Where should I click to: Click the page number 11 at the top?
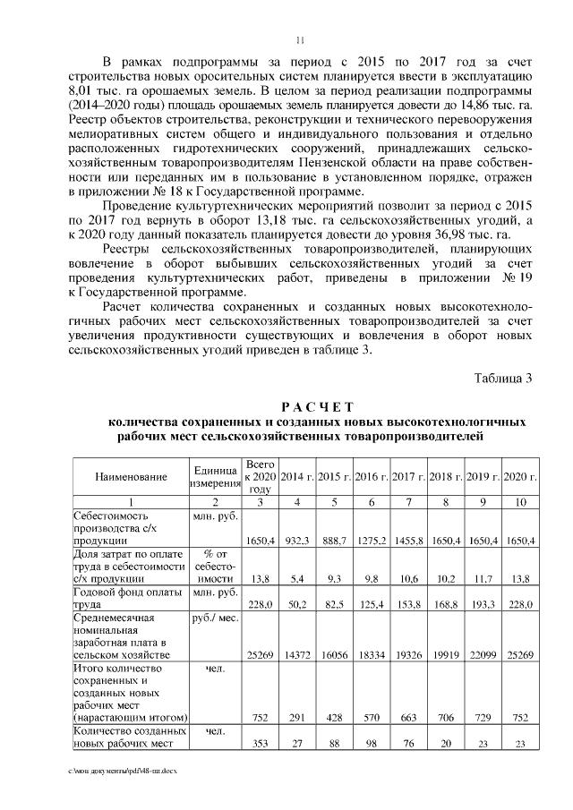(300, 38)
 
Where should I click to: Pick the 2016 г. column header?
(371, 476)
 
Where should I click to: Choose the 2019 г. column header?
(483, 476)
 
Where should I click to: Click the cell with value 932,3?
(297, 541)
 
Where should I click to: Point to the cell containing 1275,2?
(371, 541)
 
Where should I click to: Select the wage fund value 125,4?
(371, 605)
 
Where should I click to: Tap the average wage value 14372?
(297, 653)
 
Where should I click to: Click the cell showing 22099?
(483, 653)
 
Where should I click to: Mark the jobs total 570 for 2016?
(371, 717)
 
